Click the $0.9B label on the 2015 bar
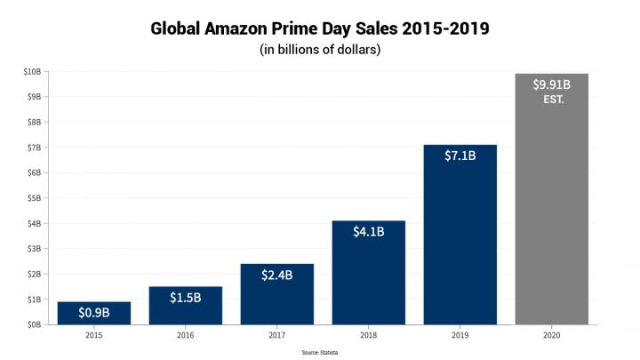94,313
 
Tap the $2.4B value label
276,276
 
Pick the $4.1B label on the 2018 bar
368,233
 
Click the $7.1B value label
460,156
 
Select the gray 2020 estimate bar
551,222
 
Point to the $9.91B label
551,85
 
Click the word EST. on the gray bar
553,100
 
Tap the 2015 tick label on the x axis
94,335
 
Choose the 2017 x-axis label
276,335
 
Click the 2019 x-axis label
460,335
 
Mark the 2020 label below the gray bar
551,335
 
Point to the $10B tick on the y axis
33,71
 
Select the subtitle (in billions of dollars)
320,50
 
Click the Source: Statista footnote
320,352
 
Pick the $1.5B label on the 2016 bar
186,297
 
